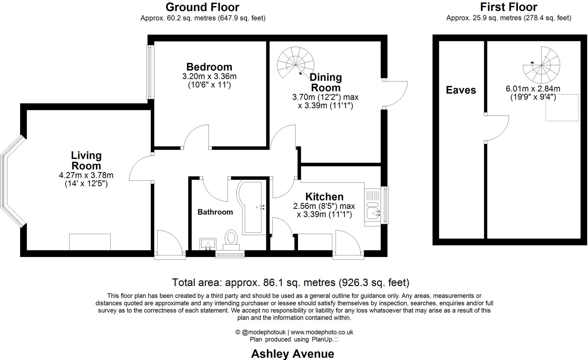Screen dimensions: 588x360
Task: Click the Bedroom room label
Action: pyautogui.click(x=209, y=67)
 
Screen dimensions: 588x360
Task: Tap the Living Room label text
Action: pyautogui.click(x=86, y=161)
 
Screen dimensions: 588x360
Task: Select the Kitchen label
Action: pyautogui.click(x=324, y=197)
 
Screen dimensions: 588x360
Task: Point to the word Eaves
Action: pyautogui.click(x=461, y=90)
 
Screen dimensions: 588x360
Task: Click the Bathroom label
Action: pyautogui.click(x=215, y=212)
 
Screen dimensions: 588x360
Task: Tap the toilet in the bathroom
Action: pyautogui.click(x=231, y=240)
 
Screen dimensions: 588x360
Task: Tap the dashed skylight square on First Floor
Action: pyautogui.click(x=562, y=107)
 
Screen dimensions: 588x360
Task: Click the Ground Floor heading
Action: pyautogui.click(x=202, y=7)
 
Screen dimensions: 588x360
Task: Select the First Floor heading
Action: pyautogui.click(x=508, y=7)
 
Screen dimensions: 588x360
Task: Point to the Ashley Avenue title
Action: pyautogui.click(x=293, y=354)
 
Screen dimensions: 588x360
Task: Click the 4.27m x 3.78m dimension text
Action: pyautogui.click(x=86, y=175)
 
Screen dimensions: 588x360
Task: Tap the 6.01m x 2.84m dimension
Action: pyautogui.click(x=533, y=89)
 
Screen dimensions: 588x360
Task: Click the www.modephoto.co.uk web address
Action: pyautogui.click(x=322, y=332)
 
